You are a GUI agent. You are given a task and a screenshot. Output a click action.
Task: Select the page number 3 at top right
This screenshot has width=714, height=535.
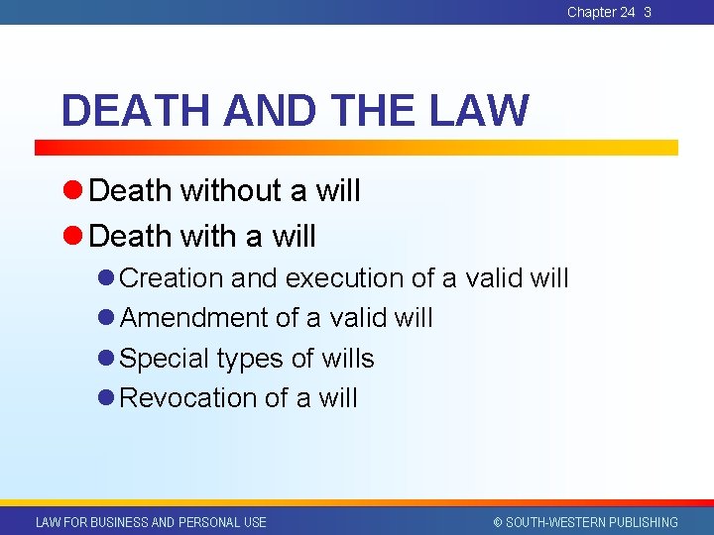648,12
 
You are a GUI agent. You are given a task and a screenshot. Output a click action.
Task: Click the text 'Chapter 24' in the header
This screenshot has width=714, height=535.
601,12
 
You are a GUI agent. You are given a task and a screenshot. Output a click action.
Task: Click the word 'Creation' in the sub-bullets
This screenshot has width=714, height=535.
171,278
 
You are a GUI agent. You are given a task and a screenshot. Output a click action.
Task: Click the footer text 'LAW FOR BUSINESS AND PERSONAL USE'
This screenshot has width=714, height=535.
151,522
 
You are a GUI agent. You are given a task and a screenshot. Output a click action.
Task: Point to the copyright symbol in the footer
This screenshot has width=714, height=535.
498,522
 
